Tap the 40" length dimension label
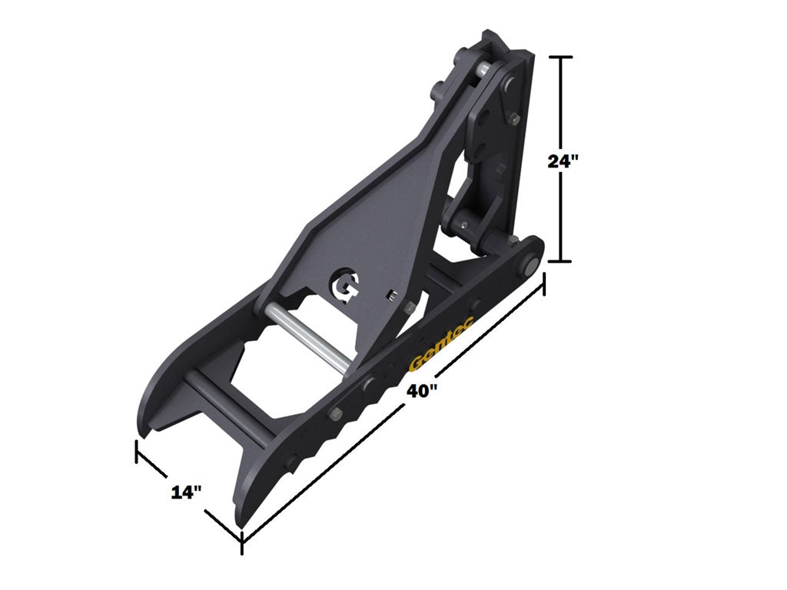[x=422, y=391]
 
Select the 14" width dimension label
[x=186, y=492]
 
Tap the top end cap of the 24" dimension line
[x=563, y=58]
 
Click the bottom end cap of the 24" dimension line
[x=563, y=261]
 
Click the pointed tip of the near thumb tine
[x=241, y=522]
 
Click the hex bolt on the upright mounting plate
[x=513, y=117]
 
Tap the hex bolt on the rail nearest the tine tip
[x=291, y=462]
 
